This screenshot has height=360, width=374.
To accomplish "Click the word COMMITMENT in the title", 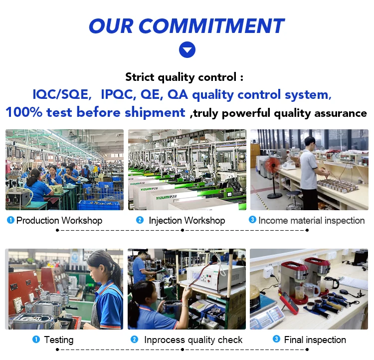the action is pos(211,26).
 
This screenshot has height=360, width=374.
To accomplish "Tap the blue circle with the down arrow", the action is pos(187,50).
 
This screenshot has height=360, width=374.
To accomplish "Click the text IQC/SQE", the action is pos(62,94).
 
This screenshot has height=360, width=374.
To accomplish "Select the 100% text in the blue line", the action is pos(24,112).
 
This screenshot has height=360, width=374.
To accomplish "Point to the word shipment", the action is pos(155,113).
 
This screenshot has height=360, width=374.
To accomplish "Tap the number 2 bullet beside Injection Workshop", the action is pos(140,220).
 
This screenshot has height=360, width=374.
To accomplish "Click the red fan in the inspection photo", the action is pos(273,165).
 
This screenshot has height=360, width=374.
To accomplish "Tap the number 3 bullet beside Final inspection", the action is pos(276,339).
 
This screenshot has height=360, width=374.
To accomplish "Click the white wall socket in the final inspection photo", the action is pos(268,272).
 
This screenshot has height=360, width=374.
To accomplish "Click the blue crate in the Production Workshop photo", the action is pos(99,205).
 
